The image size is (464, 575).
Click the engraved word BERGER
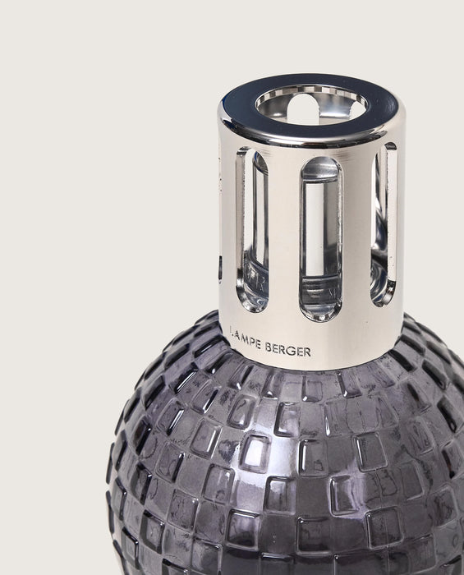click(287, 350)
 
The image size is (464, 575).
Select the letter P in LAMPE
click(252, 343)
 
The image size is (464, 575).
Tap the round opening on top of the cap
click(311, 105)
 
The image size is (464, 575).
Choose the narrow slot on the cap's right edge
click(384, 222)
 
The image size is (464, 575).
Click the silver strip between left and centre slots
click(283, 238)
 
